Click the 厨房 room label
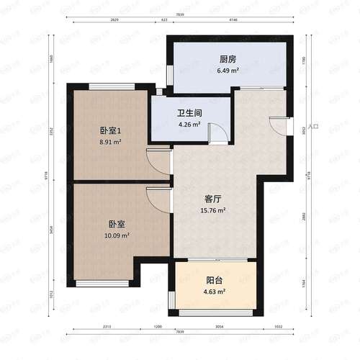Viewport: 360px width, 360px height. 228,60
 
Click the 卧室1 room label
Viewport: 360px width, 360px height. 110,131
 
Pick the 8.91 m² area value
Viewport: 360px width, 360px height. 110,143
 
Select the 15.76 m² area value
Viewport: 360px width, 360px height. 212,210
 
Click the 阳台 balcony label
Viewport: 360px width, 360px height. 214,280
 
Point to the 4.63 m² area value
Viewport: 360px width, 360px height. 214,292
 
